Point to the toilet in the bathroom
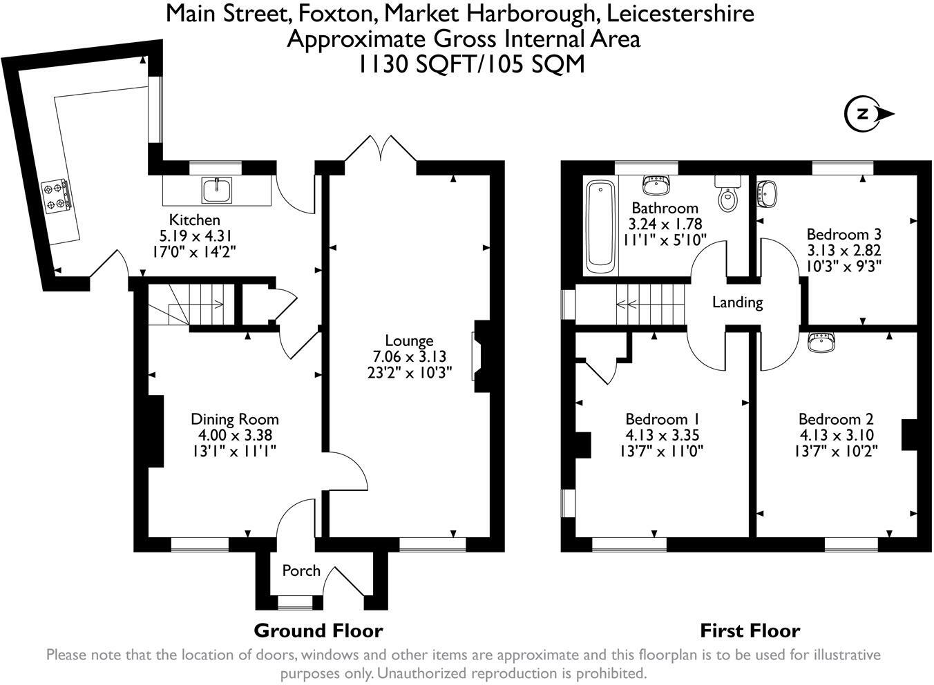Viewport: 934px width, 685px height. click(727, 196)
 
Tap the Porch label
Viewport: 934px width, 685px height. click(301, 570)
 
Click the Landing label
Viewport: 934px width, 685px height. click(737, 302)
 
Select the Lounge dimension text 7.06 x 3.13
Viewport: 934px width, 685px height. click(409, 356)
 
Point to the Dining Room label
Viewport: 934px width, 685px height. click(235, 419)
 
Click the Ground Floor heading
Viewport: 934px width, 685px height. click(318, 630)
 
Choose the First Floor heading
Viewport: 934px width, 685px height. click(750, 630)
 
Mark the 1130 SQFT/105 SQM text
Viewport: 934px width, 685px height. click(470, 64)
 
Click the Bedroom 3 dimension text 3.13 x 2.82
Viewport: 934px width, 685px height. click(844, 250)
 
